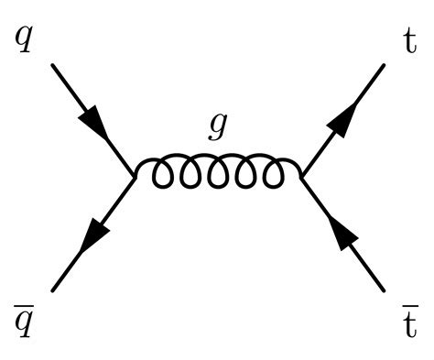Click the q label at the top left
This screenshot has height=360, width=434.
(x=24, y=41)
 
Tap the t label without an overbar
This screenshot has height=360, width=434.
(x=410, y=41)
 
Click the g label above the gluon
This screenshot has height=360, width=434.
(x=218, y=127)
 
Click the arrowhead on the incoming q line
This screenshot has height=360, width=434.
(x=93, y=122)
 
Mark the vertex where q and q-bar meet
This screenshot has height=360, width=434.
(x=134, y=177)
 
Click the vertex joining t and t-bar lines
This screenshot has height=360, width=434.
(x=301, y=177)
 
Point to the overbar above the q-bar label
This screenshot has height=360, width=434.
(x=24, y=305)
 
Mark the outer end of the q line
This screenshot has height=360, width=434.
(x=52, y=65)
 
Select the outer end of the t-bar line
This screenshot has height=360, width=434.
(x=383, y=290)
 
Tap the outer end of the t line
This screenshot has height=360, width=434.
(x=384, y=65)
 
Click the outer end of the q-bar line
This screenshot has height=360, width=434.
(x=52, y=290)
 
